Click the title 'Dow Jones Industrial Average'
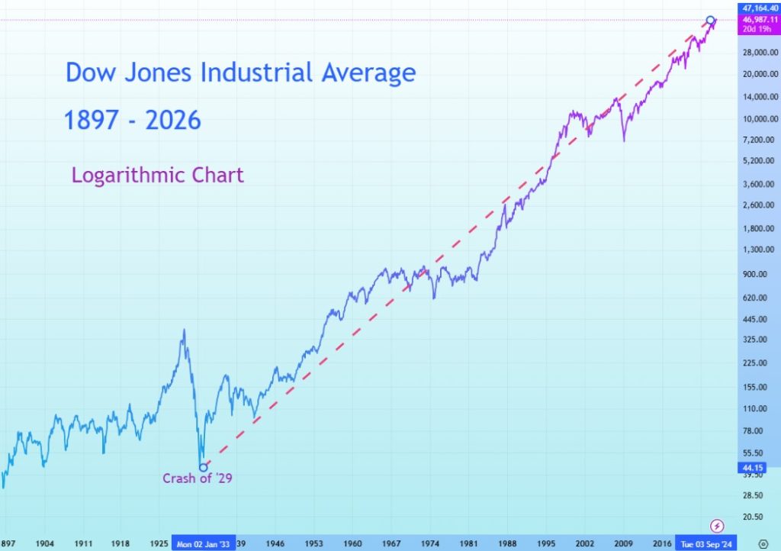[x=241, y=73]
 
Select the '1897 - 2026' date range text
[x=133, y=120]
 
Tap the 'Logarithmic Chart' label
[x=158, y=175]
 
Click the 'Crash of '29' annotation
[x=197, y=479]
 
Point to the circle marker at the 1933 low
[x=203, y=468]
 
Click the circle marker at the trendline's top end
[x=711, y=20]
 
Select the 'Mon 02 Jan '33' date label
[x=204, y=543]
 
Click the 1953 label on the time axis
[x=314, y=543]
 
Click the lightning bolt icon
[x=717, y=525]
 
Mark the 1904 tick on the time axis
[x=45, y=543]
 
